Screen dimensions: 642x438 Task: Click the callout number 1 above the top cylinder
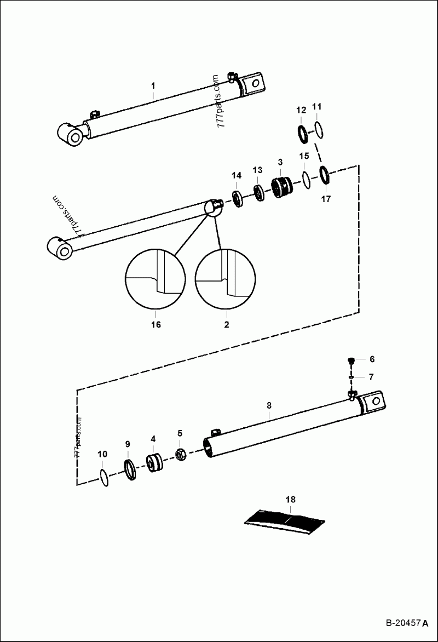tap(153, 86)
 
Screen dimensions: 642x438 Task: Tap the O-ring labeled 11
tap(319, 130)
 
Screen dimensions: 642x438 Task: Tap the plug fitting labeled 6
tap(351, 360)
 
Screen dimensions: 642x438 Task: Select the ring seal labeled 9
tap(130, 469)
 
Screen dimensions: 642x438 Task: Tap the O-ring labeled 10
tap(103, 477)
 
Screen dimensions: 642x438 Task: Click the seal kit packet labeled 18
tap(285, 520)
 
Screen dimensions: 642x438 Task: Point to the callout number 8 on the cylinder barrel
tap(269, 406)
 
